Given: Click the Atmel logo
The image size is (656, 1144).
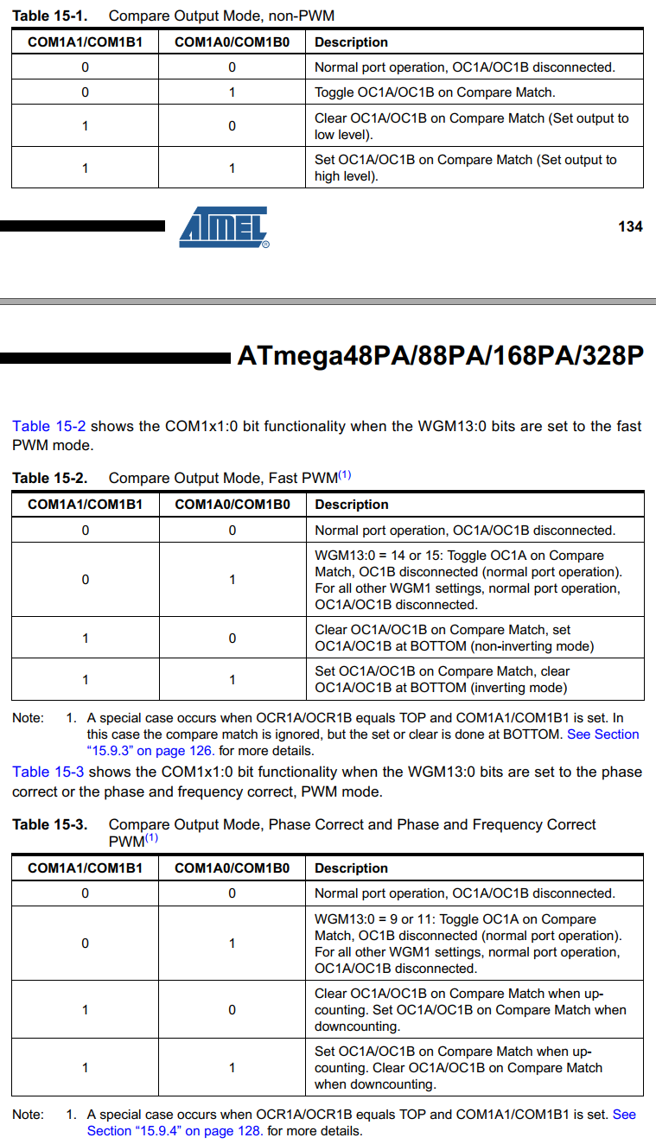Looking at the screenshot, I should [x=224, y=226].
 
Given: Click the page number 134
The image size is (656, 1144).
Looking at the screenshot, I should [x=630, y=226].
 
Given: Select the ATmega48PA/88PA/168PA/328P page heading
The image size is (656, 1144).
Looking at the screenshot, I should [x=440, y=356].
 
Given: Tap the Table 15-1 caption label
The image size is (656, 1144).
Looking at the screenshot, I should [x=49, y=16].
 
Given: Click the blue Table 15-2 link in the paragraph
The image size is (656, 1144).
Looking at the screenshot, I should [x=49, y=426].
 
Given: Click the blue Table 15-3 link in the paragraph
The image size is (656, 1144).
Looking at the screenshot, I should [x=49, y=772].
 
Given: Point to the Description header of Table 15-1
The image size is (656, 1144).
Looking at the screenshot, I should [x=351, y=42].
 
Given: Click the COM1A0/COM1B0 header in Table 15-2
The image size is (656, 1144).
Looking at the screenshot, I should [x=232, y=505].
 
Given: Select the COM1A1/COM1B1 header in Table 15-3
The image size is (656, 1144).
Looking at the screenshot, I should [x=85, y=868].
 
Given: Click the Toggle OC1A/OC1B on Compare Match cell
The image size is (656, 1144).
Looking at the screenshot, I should [x=434, y=92].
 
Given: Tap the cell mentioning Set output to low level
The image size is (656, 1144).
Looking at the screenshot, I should [x=471, y=126].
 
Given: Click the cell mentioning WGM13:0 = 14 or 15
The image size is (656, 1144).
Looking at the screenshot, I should [x=468, y=580].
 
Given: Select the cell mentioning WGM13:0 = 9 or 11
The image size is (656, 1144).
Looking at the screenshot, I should [x=468, y=944].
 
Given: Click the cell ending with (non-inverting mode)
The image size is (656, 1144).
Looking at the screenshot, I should [x=454, y=638].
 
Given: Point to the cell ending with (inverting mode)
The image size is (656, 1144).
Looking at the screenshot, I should [x=442, y=679].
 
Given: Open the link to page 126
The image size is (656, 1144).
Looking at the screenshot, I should [x=150, y=751].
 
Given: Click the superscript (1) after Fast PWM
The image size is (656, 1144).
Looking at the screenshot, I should [x=344, y=475].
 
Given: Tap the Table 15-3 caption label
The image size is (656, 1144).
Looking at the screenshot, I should [x=49, y=824].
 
